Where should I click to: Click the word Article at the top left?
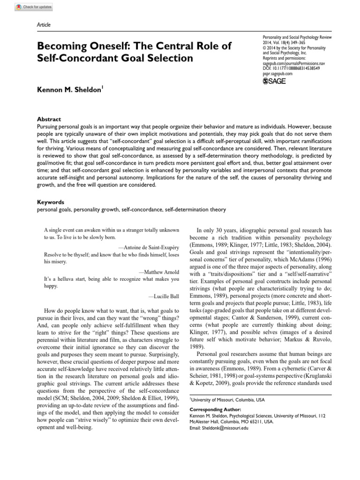[44, 25]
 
